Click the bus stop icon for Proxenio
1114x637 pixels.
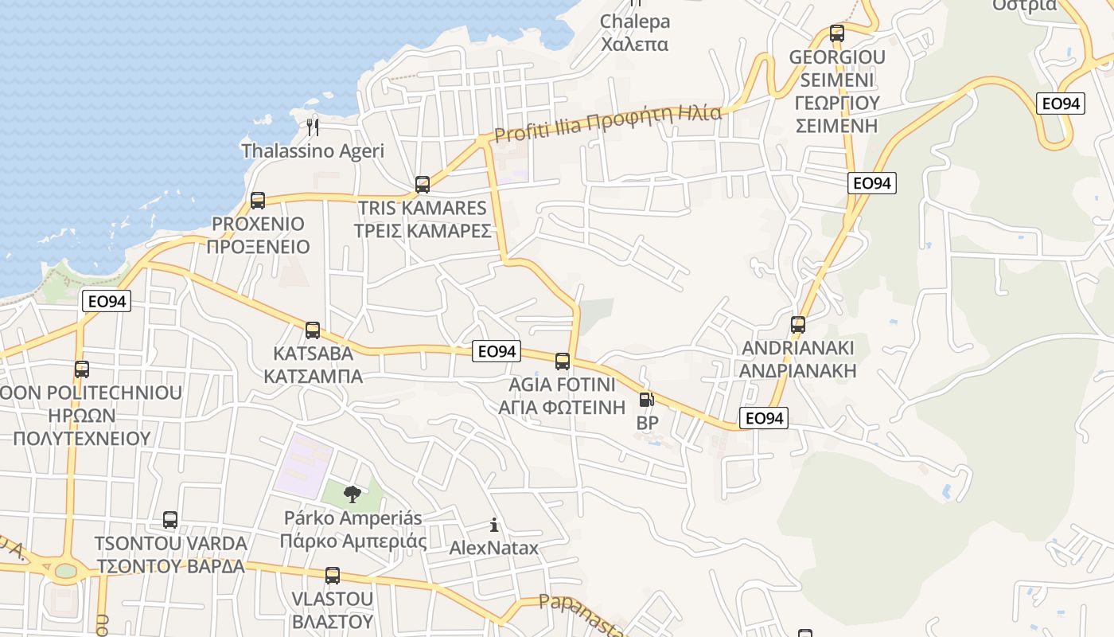[x=257, y=200]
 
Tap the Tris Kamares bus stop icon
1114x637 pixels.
[x=423, y=185]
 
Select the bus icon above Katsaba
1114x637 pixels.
[x=313, y=330]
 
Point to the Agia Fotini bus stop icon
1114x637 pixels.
[x=563, y=361]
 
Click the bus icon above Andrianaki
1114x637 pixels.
[x=798, y=325]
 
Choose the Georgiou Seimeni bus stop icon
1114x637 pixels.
[x=837, y=33]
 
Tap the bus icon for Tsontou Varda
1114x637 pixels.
[x=170, y=520]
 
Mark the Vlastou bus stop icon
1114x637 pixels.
[x=333, y=575]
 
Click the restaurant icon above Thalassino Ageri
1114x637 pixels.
[x=313, y=127]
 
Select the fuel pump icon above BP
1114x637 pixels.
[x=647, y=400]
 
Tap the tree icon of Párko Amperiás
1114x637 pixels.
[x=352, y=494]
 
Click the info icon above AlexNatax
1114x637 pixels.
[x=494, y=525]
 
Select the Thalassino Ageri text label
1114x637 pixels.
[x=313, y=150]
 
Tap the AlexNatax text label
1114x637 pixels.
[x=494, y=548]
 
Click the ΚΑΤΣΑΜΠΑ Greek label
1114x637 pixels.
[x=313, y=376]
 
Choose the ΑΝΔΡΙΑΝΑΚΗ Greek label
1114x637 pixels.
[x=798, y=370]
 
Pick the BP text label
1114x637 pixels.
[x=647, y=423]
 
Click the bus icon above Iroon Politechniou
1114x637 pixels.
[x=82, y=369]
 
